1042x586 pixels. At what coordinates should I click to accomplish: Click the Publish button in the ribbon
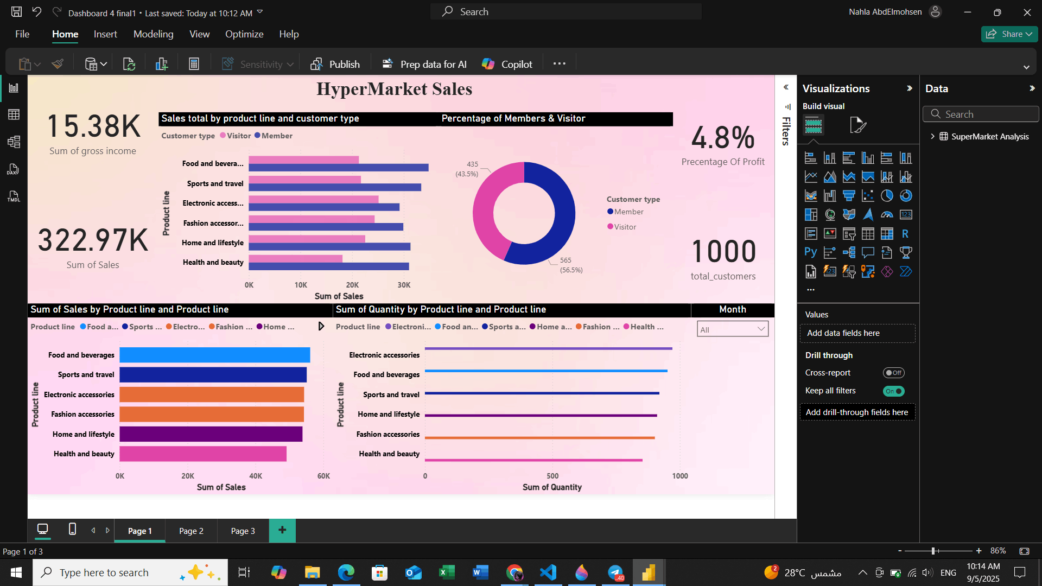pyautogui.click(x=335, y=64)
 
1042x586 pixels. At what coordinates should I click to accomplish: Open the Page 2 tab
pyautogui.click(x=191, y=531)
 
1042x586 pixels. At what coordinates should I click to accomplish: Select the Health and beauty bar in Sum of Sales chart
pyautogui.click(x=202, y=454)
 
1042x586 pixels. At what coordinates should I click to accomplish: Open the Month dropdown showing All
pyautogui.click(x=732, y=329)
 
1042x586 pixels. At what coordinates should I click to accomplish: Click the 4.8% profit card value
pyautogui.click(x=722, y=137)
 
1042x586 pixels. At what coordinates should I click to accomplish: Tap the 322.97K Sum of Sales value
pyautogui.click(x=93, y=240)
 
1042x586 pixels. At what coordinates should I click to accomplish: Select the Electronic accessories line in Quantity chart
pyautogui.click(x=548, y=348)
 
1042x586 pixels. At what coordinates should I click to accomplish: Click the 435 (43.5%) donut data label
pyautogui.click(x=467, y=169)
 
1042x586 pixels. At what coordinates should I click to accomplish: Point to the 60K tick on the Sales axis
pyautogui.click(x=323, y=476)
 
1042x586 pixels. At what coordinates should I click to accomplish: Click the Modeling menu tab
pyautogui.click(x=153, y=34)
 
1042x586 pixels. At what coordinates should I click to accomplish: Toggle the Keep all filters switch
pyautogui.click(x=893, y=391)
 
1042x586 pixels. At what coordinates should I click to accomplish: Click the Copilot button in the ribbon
pyautogui.click(x=507, y=64)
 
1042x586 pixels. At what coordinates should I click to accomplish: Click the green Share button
pyautogui.click(x=1009, y=34)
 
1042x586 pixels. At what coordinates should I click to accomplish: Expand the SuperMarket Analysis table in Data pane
pyautogui.click(x=932, y=136)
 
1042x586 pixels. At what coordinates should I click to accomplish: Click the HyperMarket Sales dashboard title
pyautogui.click(x=394, y=89)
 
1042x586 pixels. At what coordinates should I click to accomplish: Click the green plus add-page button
pyautogui.click(x=282, y=530)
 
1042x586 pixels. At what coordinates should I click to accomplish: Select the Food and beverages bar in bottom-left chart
pyautogui.click(x=214, y=355)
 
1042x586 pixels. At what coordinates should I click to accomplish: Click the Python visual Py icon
pyautogui.click(x=810, y=252)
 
